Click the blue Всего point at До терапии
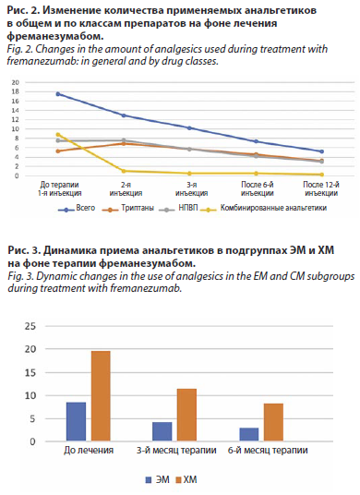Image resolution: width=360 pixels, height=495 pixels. [x=58, y=94]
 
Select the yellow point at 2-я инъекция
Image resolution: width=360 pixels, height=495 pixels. [x=124, y=171]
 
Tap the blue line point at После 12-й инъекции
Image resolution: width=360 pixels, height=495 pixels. [x=321, y=151]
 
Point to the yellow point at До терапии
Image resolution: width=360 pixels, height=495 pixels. [x=58, y=135]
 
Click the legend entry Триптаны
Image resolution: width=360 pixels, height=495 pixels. [x=127, y=209]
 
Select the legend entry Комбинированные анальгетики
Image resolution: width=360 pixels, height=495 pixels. [x=265, y=209]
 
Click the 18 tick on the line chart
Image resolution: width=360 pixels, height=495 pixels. [x=16, y=91]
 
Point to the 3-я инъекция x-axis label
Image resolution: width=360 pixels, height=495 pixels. [x=191, y=188]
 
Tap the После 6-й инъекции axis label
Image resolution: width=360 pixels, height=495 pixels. [x=258, y=188]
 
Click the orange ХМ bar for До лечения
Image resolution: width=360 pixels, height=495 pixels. [x=101, y=396]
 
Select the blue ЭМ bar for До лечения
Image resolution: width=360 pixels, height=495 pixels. [x=76, y=421]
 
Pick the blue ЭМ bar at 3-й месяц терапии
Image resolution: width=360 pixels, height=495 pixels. [x=162, y=431]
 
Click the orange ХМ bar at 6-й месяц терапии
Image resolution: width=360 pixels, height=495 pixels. [x=273, y=422]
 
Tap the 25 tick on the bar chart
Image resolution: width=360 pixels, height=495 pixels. [x=30, y=326]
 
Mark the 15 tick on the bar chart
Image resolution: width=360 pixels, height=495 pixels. [x=30, y=372]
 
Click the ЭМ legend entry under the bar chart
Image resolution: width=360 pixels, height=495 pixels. [x=158, y=480]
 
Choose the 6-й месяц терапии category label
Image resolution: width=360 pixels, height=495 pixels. [x=268, y=450]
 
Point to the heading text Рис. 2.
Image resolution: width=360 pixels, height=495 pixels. [x=23, y=11]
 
